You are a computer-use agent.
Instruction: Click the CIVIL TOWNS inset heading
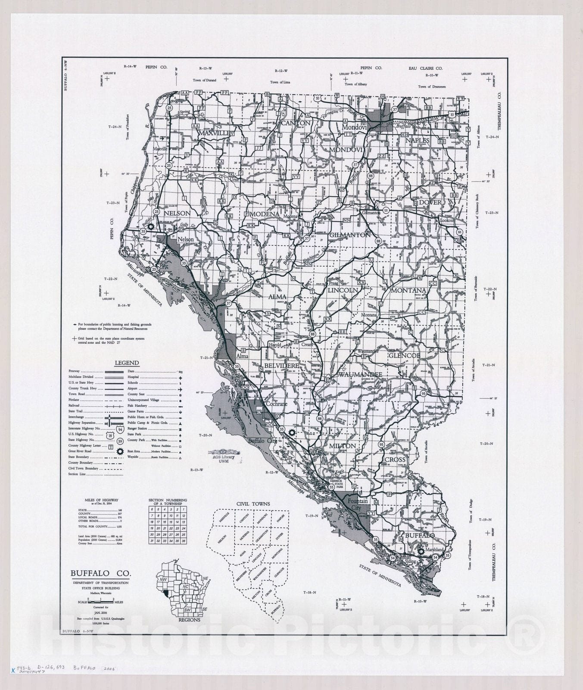pos(253,503)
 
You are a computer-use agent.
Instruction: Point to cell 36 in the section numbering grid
pos(184,541)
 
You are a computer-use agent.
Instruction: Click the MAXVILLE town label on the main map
pos(214,134)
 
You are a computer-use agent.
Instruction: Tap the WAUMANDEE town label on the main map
pos(360,375)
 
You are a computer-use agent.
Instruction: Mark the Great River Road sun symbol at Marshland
pos(422,551)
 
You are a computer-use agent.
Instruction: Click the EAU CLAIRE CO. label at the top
pos(425,68)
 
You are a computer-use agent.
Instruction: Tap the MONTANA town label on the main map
pos(408,291)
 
